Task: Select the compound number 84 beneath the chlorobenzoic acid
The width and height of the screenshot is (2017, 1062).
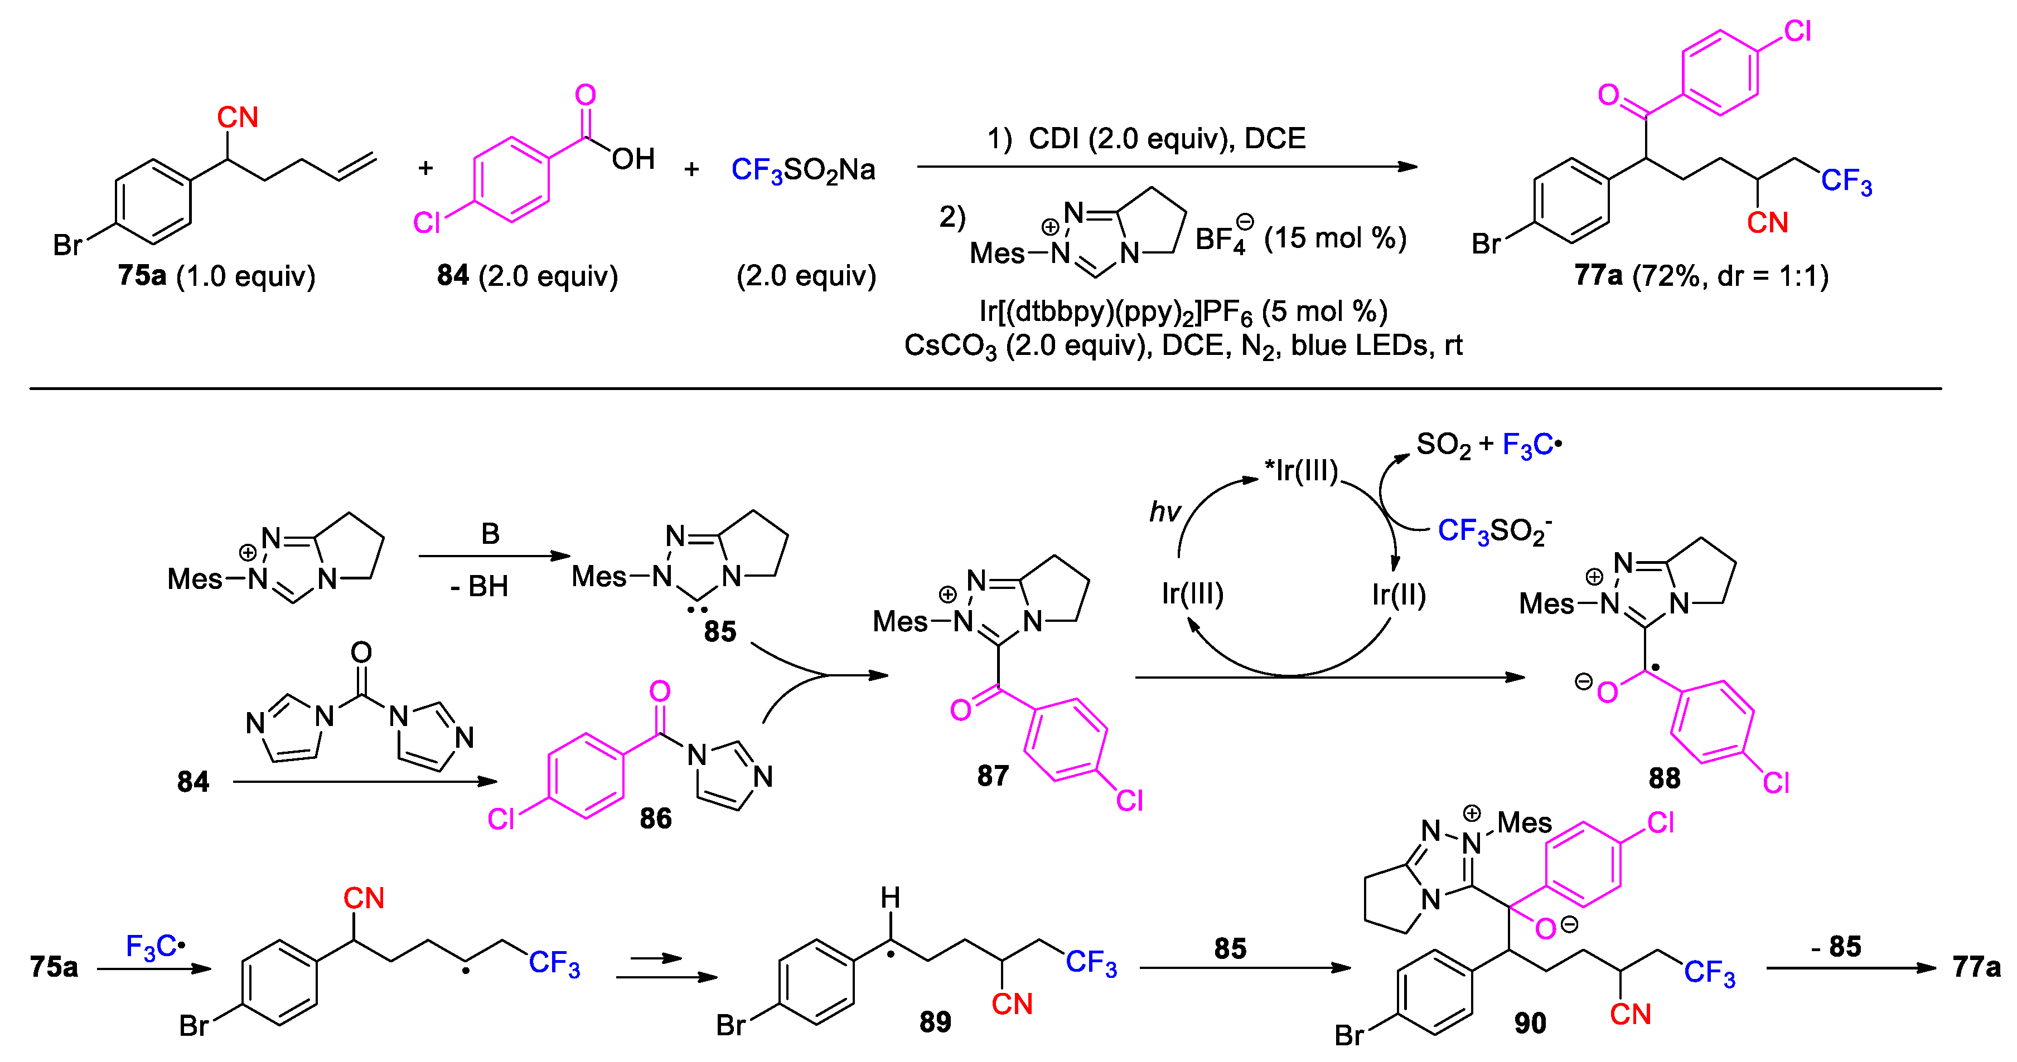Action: click(x=453, y=275)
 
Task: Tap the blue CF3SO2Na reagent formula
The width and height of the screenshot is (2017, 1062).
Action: click(x=802, y=170)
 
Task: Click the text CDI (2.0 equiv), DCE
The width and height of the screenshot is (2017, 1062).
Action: click(x=1166, y=139)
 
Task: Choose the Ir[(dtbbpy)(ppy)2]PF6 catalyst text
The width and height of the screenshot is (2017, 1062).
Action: click(x=1182, y=311)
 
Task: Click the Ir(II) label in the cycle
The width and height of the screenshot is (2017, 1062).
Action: click(x=1399, y=595)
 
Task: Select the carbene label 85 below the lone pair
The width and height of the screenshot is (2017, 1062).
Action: click(x=719, y=631)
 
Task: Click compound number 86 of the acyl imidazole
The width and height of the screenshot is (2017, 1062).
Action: click(x=655, y=819)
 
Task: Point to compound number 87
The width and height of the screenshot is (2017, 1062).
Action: click(x=993, y=776)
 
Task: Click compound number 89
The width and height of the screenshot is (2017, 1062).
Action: click(x=935, y=1021)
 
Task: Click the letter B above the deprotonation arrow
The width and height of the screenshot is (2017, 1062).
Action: click(x=490, y=534)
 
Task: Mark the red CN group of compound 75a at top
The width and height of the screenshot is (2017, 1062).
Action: click(x=237, y=118)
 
